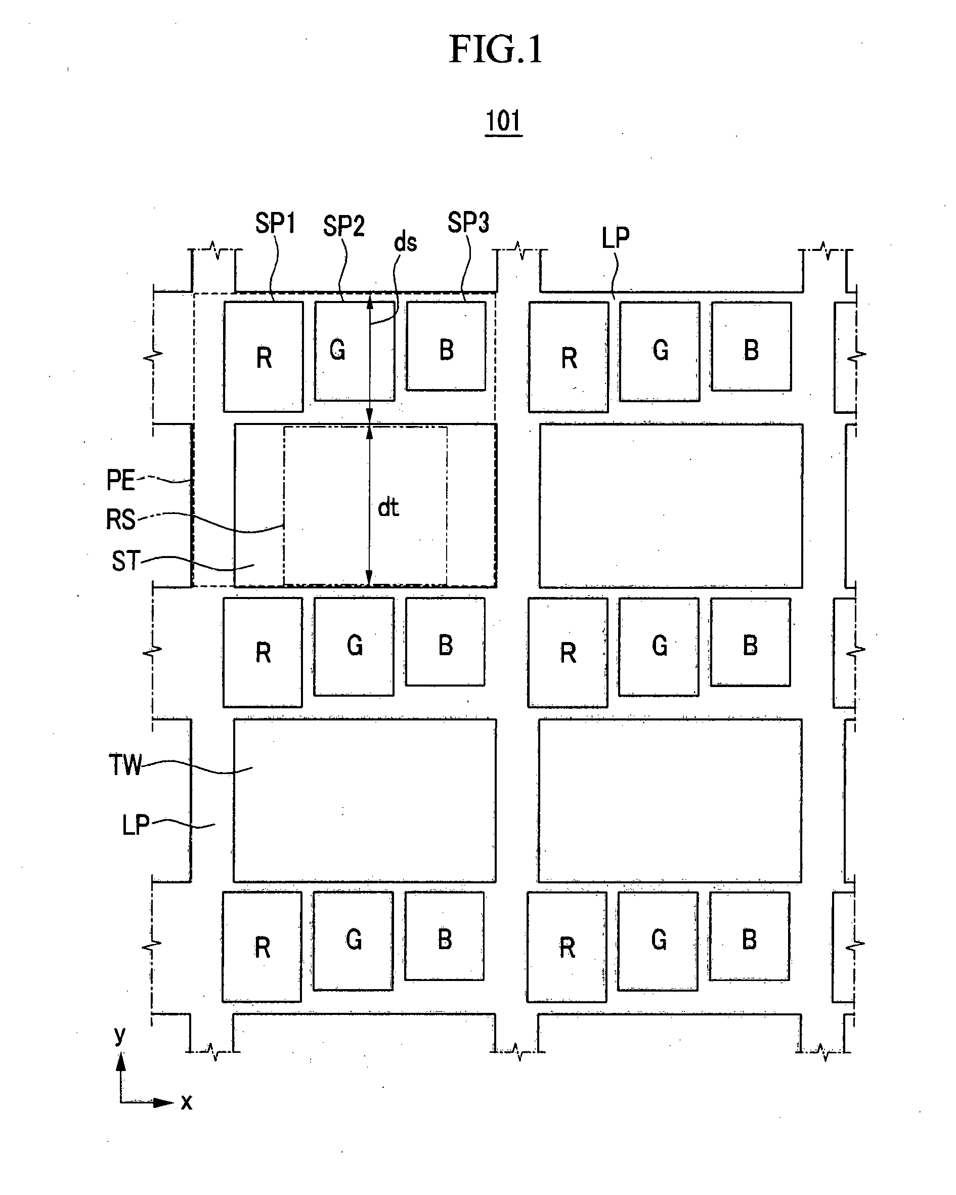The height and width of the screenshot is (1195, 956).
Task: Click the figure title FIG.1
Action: [x=496, y=50]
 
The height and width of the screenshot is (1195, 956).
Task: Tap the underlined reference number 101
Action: [x=503, y=121]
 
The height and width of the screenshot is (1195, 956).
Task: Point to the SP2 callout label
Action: [x=343, y=226]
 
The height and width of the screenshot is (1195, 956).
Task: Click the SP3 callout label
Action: [x=468, y=223]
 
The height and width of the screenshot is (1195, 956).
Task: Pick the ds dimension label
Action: [x=405, y=242]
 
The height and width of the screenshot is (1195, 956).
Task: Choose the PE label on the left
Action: [x=120, y=480]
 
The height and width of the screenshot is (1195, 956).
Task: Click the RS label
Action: [x=120, y=520]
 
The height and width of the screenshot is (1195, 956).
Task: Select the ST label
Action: [x=126, y=561]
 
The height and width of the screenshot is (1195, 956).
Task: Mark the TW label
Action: [x=125, y=765]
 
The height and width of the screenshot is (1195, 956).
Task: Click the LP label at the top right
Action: [x=616, y=238]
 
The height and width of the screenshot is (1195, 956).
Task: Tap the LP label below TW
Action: [x=136, y=825]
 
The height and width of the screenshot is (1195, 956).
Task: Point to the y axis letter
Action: [x=120, y=1035]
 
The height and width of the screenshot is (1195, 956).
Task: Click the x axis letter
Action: [x=187, y=1102]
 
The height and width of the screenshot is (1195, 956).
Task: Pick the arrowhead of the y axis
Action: [x=120, y=1061]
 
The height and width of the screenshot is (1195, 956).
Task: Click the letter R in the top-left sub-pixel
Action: [x=264, y=358]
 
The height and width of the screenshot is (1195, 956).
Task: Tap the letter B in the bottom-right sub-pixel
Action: [x=749, y=940]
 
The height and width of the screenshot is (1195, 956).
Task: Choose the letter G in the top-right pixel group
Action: [x=660, y=350]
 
